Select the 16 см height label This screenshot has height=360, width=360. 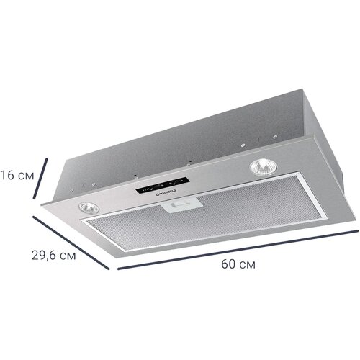pos(17,174)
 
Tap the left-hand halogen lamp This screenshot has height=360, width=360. pos(89,207)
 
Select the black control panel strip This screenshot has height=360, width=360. pos(163,188)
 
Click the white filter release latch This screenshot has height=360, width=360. pos(180,207)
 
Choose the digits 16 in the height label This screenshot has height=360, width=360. pos(7,174)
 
